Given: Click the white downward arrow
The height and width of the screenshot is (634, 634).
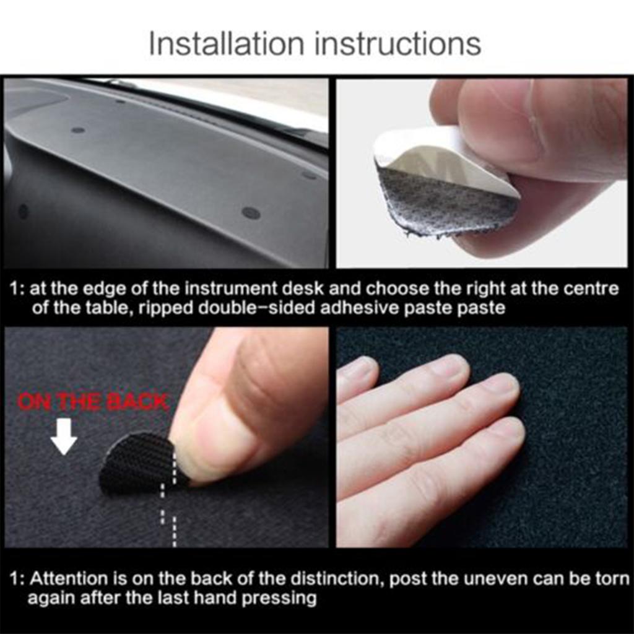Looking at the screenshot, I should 63,440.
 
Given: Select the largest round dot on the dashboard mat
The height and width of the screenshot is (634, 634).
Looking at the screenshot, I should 251,212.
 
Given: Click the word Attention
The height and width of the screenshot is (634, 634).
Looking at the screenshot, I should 69,580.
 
